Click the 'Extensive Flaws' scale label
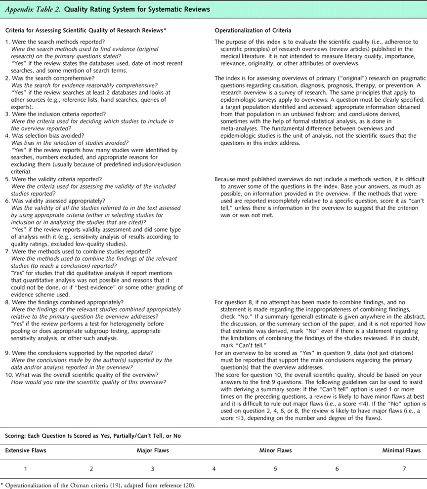coord(26,450)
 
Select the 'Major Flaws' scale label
coord(153,450)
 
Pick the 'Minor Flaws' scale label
coord(275,450)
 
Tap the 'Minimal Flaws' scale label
coord(401,450)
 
